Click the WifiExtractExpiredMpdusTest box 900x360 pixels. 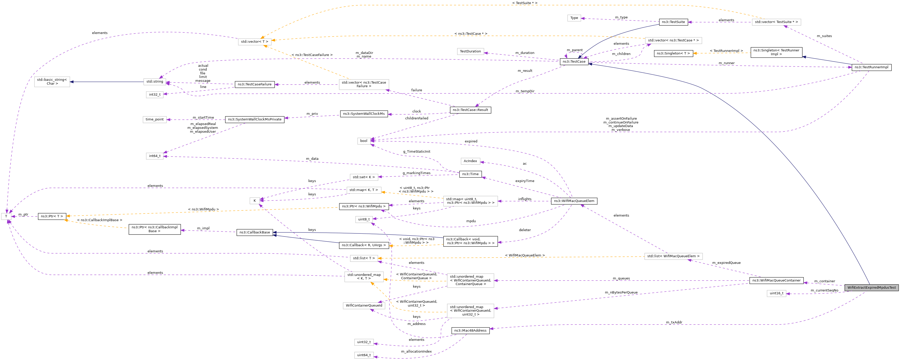[871, 288]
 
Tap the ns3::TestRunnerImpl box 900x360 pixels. [871, 67]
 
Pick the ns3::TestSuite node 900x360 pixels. [673, 22]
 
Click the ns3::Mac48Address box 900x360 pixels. [470, 330]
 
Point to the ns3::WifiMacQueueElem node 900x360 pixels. [574, 201]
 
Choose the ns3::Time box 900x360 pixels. [470, 174]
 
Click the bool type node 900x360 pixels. [364, 141]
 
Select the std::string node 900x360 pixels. [154, 82]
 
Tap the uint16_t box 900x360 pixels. [776, 293]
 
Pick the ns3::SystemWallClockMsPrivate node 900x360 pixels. [255, 120]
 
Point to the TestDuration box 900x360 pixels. [470, 51]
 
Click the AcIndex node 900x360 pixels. [470, 161]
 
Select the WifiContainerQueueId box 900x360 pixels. [364, 306]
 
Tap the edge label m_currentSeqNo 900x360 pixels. [824, 290]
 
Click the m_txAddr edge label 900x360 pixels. [674, 322]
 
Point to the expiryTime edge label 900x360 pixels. [524, 181]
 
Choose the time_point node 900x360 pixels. [154, 120]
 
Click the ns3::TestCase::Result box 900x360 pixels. [470, 110]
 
